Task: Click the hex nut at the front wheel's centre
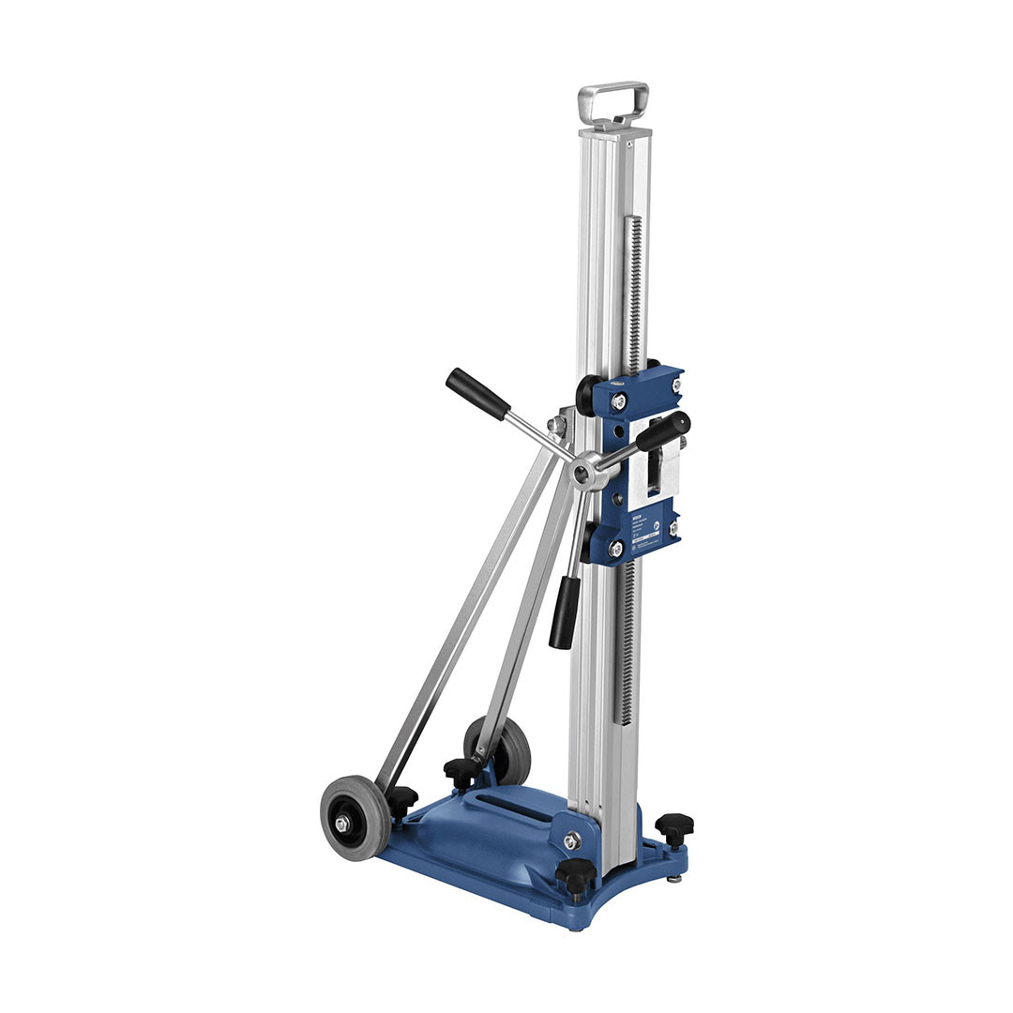coord(343,823)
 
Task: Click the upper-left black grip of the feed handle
coord(476,393)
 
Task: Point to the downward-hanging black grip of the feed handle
coord(565,612)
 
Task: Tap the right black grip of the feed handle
coord(663,431)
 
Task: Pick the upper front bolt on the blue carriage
coord(618,401)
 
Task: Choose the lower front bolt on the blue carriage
coord(616,549)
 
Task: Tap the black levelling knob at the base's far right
coord(674,827)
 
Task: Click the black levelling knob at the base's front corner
coord(575,873)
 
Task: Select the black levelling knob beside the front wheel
coord(401,799)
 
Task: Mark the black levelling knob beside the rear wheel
coord(461,770)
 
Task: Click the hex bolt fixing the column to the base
coord(570,840)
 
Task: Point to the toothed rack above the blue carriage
coord(635,291)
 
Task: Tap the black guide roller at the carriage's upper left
coord(586,395)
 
